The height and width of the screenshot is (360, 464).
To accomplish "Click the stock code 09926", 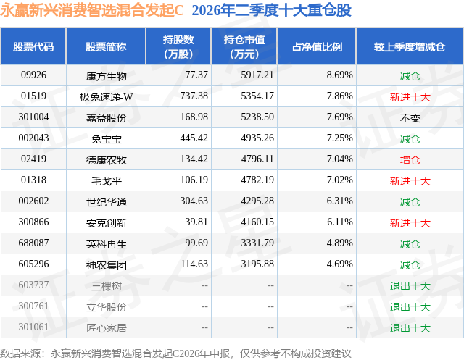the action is click(x=33, y=75).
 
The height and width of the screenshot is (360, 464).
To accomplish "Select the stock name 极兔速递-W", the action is click(x=106, y=96).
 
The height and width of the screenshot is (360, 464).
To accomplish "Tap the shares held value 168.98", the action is click(x=194, y=117).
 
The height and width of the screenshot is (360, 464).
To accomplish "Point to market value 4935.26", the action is click(x=257, y=138).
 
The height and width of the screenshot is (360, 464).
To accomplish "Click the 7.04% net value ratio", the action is click(x=340, y=159).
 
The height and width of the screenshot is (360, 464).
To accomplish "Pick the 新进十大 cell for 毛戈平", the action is click(x=410, y=181).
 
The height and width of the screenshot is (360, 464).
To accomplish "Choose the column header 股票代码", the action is click(x=33, y=46).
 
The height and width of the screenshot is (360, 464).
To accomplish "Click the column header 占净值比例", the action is click(x=317, y=46).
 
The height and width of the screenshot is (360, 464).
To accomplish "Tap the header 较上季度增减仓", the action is click(x=410, y=46).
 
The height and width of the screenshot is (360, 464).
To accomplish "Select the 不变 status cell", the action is click(x=410, y=118).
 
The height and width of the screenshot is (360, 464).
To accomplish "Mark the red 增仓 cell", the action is click(x=410, y=160).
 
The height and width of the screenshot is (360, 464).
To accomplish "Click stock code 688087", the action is click(x=33, y=243).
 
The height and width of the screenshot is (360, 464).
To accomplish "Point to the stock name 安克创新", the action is click(x=107, y=223).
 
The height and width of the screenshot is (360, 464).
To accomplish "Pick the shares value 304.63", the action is click(x=194, y=201).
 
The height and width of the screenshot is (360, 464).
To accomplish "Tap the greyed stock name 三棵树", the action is click(x=107, y=286).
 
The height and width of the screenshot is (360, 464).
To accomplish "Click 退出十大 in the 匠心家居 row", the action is click(x=410, y=328).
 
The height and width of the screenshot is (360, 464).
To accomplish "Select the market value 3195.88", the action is click(x=257, y=264).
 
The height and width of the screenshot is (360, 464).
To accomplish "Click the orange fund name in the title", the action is click(x=92, y=10).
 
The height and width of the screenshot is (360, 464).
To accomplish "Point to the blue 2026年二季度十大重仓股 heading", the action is click(x=271, y=10).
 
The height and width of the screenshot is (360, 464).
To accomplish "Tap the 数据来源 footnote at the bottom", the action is click(x=175, y=353).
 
